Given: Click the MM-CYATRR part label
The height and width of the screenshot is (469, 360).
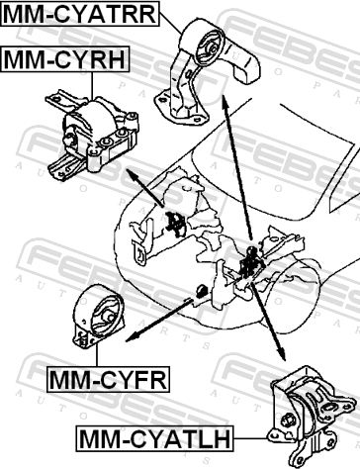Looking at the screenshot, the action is click(80, 14).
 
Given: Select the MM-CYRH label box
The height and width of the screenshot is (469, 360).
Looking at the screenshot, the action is click(65, 59).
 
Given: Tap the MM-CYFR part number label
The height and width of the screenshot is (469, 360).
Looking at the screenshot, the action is click(108, 380).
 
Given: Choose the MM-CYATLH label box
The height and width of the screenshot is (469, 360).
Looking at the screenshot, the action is click(154, 438).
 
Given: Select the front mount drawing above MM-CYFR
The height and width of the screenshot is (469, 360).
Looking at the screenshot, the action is click(98, 317).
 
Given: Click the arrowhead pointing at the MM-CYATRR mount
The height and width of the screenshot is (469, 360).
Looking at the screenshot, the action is click(225, 102).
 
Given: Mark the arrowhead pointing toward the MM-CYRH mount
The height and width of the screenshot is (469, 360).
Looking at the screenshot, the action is click(132, 175).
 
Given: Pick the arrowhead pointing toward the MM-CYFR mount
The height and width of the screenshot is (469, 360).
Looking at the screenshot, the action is click(133, 337).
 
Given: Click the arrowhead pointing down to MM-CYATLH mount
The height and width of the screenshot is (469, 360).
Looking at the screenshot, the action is click(281, 354).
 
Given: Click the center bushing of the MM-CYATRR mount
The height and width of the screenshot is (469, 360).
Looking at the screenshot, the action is click(213, 48).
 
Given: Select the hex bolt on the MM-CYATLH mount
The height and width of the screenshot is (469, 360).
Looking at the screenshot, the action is click(286, 422).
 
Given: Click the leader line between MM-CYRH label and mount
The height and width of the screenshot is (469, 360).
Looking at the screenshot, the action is click(92, 85).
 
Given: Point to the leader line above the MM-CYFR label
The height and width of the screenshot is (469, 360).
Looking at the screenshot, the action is click(97, 355).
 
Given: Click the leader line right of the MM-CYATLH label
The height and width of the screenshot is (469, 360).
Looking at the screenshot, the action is click(251, 439).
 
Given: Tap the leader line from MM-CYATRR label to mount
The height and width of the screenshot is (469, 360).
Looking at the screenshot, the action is click(171, 24).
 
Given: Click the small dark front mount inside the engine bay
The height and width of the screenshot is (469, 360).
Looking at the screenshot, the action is click(201, 291).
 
